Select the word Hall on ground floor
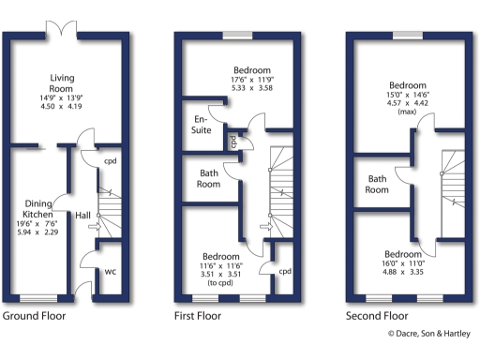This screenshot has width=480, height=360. tap(82, 217)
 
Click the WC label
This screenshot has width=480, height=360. tap(109, 272)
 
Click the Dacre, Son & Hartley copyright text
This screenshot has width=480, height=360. tap(430, 333)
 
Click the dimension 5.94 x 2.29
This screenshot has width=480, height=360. tap(38, 232)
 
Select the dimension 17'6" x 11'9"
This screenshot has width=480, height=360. tap(251, 80)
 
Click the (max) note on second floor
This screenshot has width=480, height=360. tap(407, 111)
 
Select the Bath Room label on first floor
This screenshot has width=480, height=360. tap(208, 178)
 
